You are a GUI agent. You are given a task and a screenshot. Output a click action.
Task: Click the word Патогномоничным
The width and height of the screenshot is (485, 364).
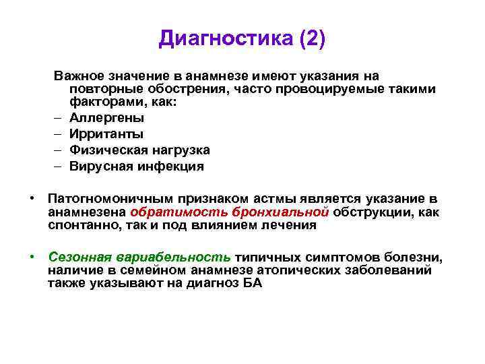[x=110, y=199]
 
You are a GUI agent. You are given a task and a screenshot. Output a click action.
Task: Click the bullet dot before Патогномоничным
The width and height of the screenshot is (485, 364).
[x=32, y=198]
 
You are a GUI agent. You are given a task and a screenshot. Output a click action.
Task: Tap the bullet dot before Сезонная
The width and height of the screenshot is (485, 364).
[x=32, y=257]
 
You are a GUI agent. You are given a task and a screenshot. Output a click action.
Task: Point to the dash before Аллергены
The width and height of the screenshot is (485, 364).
[x=59, y=117]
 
